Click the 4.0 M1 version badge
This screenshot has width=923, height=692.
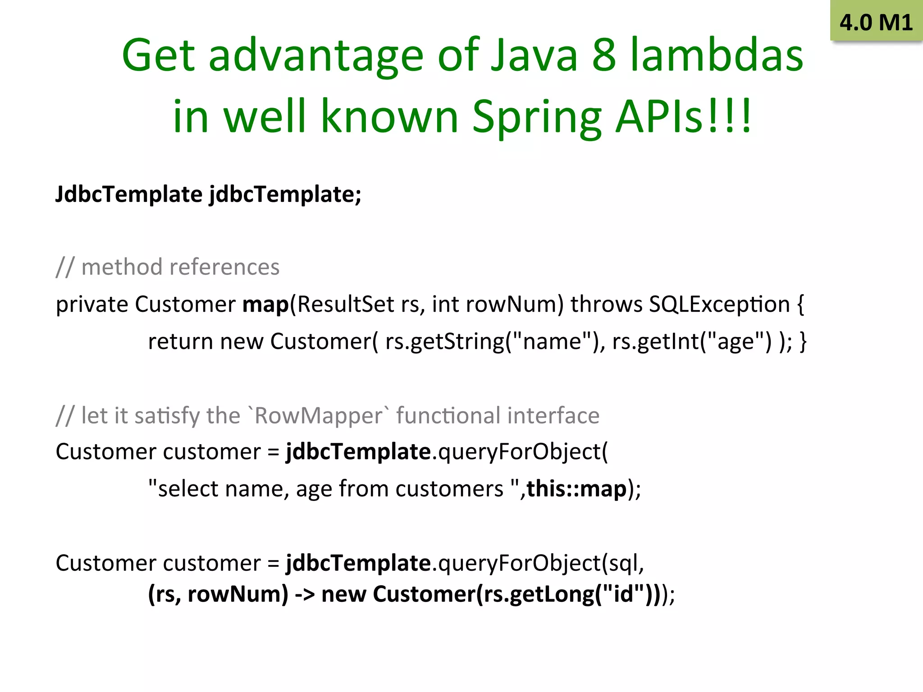(876, 22)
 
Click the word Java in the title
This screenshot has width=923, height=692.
(534, 55)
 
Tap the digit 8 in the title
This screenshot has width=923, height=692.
(603, 55)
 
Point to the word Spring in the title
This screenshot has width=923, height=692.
(536, 117)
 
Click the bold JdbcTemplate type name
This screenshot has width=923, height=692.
(129, 195)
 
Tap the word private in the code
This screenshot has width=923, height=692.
(92, 305)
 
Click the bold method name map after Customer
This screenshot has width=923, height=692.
(265, 305)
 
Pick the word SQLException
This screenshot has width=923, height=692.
(719, 305)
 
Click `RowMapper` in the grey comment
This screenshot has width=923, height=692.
(319, 415)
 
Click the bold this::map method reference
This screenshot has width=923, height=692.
(577, 489)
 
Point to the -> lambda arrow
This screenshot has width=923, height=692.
(305, 594)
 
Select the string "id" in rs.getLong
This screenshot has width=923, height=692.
(623, 594)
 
